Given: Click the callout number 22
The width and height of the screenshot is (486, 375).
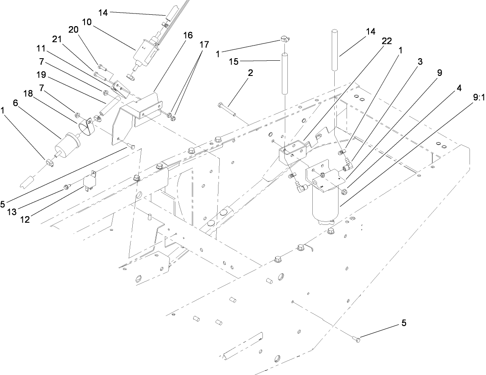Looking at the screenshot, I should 386,41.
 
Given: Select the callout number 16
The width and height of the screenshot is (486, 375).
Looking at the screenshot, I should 188,35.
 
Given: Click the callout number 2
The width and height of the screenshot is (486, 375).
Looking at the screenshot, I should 251,73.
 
